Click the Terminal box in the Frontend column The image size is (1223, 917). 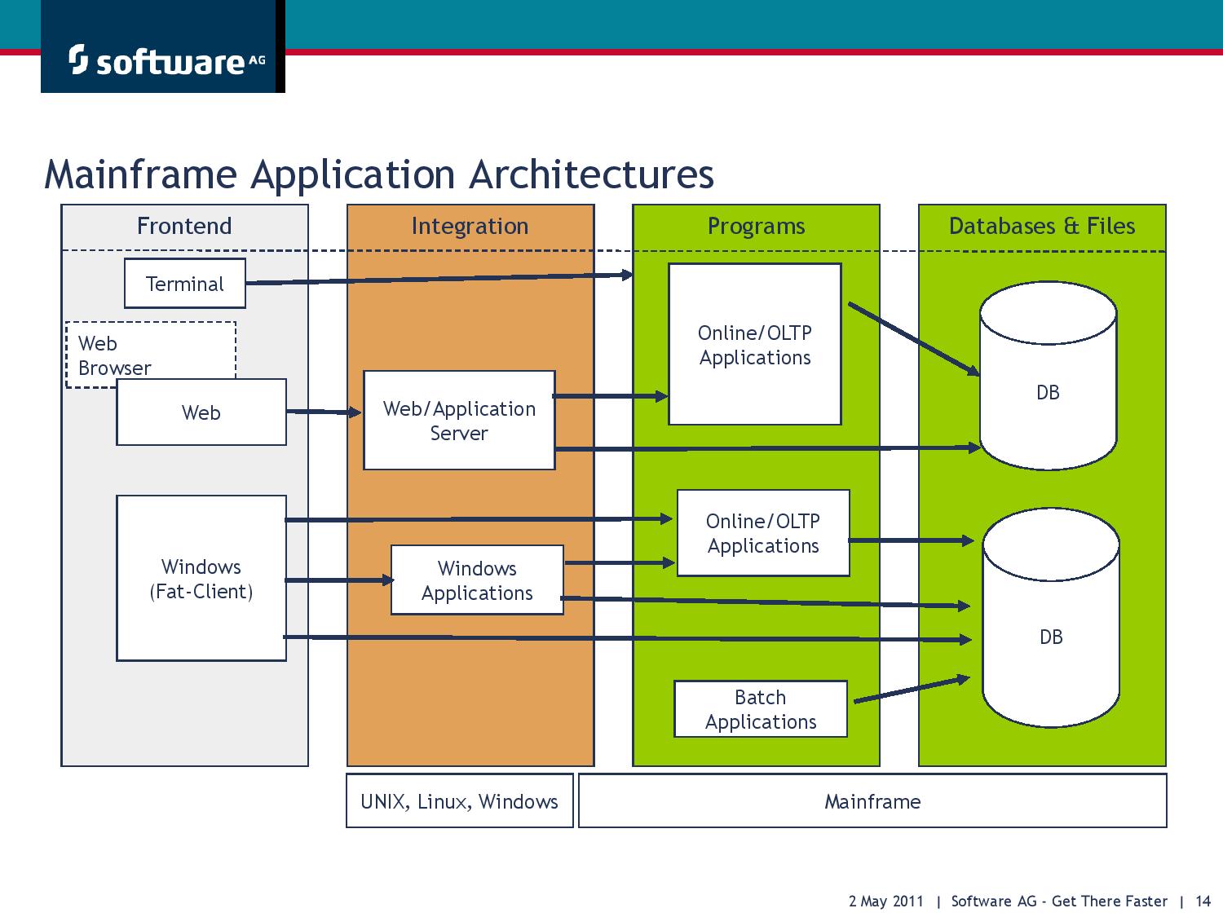[184, 284]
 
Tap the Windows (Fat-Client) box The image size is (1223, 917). [201, 579]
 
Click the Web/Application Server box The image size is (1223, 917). [459, 421]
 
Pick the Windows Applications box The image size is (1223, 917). [477, 580]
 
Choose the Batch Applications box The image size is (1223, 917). [760, 709]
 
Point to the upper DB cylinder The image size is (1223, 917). [1048, 383]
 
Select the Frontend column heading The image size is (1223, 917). [184, 226]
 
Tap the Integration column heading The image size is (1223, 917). [470, 226]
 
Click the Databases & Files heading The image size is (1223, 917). [1042, 226]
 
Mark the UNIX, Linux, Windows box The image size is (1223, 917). [459, 801]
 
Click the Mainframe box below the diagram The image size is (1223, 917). [872, 801]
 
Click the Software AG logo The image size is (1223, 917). [163, 60]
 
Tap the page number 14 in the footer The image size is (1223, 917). [1203, 901]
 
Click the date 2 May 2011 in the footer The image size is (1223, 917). [886, 901]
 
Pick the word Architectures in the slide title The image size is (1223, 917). [592, 174]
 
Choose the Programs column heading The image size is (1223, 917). [756, 226]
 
